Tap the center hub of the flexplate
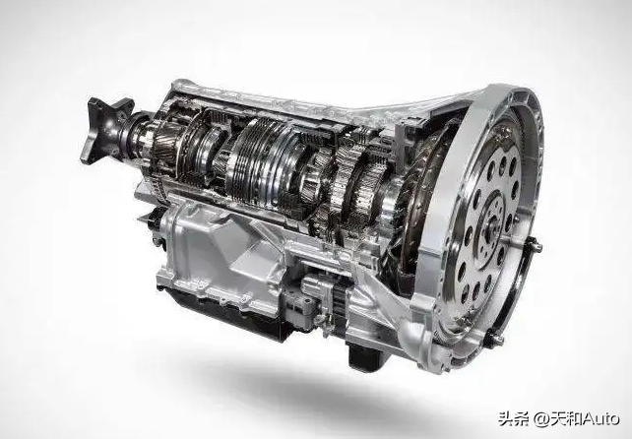[493, 222]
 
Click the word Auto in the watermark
[600, 419]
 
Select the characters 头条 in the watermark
[514, 419]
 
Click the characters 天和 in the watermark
[566, 419]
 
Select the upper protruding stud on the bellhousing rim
[534, 245]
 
